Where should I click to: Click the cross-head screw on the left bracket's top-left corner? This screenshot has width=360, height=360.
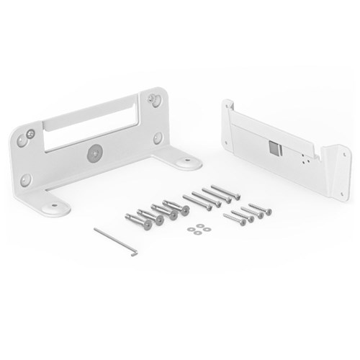[x=30, y=133]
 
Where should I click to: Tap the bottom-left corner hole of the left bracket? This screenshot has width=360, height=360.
[x=26, y=179]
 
